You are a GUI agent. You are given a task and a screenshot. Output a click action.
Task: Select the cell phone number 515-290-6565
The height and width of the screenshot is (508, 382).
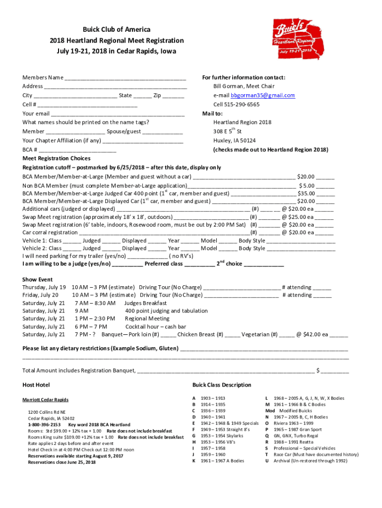[243, 104]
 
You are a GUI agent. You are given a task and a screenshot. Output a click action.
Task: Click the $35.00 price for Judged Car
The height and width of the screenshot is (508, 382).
[306, 193]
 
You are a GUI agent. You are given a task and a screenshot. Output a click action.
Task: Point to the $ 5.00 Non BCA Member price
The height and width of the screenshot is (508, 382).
[306, 185]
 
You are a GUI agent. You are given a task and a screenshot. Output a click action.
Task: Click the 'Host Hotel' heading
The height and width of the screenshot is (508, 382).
[36, 385]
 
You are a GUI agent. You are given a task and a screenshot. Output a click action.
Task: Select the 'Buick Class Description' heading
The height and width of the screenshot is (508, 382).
[222, 385]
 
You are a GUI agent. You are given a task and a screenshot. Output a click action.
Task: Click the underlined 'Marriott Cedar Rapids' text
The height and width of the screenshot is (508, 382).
[46, 400]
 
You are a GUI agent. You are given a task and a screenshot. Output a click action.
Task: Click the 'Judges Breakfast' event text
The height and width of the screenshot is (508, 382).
[145, 303]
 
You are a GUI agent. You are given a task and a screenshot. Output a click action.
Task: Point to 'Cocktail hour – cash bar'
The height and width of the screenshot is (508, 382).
[155, 327]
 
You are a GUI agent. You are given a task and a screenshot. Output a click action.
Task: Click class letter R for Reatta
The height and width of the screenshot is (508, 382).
[267, 442]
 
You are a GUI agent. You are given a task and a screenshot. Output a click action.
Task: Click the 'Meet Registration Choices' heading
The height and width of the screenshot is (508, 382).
[57, 159]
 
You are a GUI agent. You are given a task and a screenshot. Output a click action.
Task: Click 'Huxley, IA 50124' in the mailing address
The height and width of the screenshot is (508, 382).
[235, 140]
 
